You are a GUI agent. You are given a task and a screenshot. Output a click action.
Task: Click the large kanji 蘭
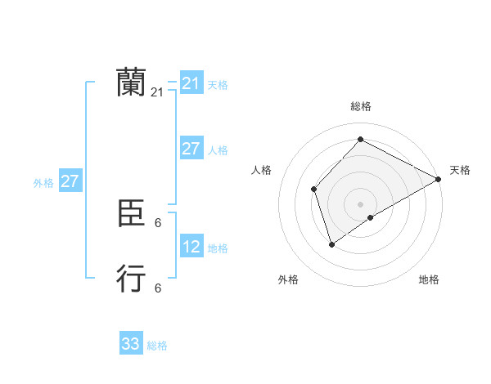point(131,83)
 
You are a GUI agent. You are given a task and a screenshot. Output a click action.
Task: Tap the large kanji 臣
point(131,214)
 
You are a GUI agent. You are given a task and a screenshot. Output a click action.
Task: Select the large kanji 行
point(131,279)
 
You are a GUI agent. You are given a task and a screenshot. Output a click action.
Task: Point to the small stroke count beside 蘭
point(157,93)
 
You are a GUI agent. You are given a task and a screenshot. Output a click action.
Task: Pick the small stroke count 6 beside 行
point(158,288)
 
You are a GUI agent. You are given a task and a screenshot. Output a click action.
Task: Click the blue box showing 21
point(191,83)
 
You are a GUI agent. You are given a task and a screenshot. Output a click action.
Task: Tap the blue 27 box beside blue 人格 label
point(191,149)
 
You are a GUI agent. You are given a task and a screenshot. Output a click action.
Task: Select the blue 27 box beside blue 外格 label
point(70,181)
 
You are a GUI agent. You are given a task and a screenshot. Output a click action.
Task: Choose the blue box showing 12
point(191,246)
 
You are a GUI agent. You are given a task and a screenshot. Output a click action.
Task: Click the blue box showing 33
point(131,344)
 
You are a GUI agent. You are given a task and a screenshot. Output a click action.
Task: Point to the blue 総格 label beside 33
point(157,346)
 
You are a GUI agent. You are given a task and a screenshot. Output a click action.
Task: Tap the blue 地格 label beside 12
point(218,248)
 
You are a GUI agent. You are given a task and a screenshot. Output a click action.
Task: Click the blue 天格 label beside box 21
point(218,84)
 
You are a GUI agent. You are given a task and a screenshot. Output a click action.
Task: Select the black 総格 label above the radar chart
point(360,106)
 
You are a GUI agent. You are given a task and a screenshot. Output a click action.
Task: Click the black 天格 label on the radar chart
point(460,170)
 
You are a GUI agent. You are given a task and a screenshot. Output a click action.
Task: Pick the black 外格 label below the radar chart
point(288,279)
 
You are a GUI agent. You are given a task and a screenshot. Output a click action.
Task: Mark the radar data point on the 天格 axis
point(439,179)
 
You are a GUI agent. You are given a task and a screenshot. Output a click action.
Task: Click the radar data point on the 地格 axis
point(371,217)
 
